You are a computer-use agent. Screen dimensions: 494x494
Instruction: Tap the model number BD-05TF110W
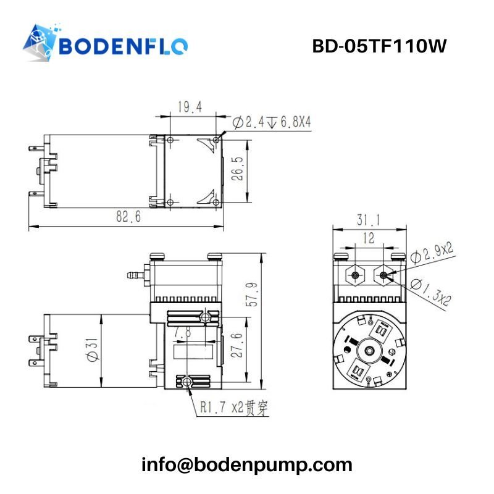(379, 46)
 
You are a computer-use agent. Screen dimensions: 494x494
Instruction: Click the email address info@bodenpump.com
(246, 465)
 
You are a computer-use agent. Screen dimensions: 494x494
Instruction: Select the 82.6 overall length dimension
(128, 217)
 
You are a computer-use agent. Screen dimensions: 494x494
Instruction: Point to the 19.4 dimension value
(190, 107)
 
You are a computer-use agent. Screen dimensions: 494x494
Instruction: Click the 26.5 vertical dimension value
(238, 169)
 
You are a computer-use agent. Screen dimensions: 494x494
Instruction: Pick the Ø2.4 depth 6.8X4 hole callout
(272, 122)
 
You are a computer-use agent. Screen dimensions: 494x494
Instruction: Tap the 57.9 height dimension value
(251, 295)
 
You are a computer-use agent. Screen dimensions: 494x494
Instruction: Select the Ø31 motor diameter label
(93, 350)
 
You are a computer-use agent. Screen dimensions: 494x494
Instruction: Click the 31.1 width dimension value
(369, 220)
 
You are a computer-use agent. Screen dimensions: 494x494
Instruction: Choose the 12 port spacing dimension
(369, 238)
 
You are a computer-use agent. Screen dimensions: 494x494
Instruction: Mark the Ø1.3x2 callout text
(431, 293)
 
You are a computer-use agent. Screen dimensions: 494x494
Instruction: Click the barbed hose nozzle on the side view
(135, 275)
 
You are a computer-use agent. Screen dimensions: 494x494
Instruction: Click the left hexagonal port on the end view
(355, 275)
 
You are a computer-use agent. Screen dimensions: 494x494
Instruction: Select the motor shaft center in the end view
(369, 350)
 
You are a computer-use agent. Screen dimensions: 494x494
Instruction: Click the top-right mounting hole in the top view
(216, 140)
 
